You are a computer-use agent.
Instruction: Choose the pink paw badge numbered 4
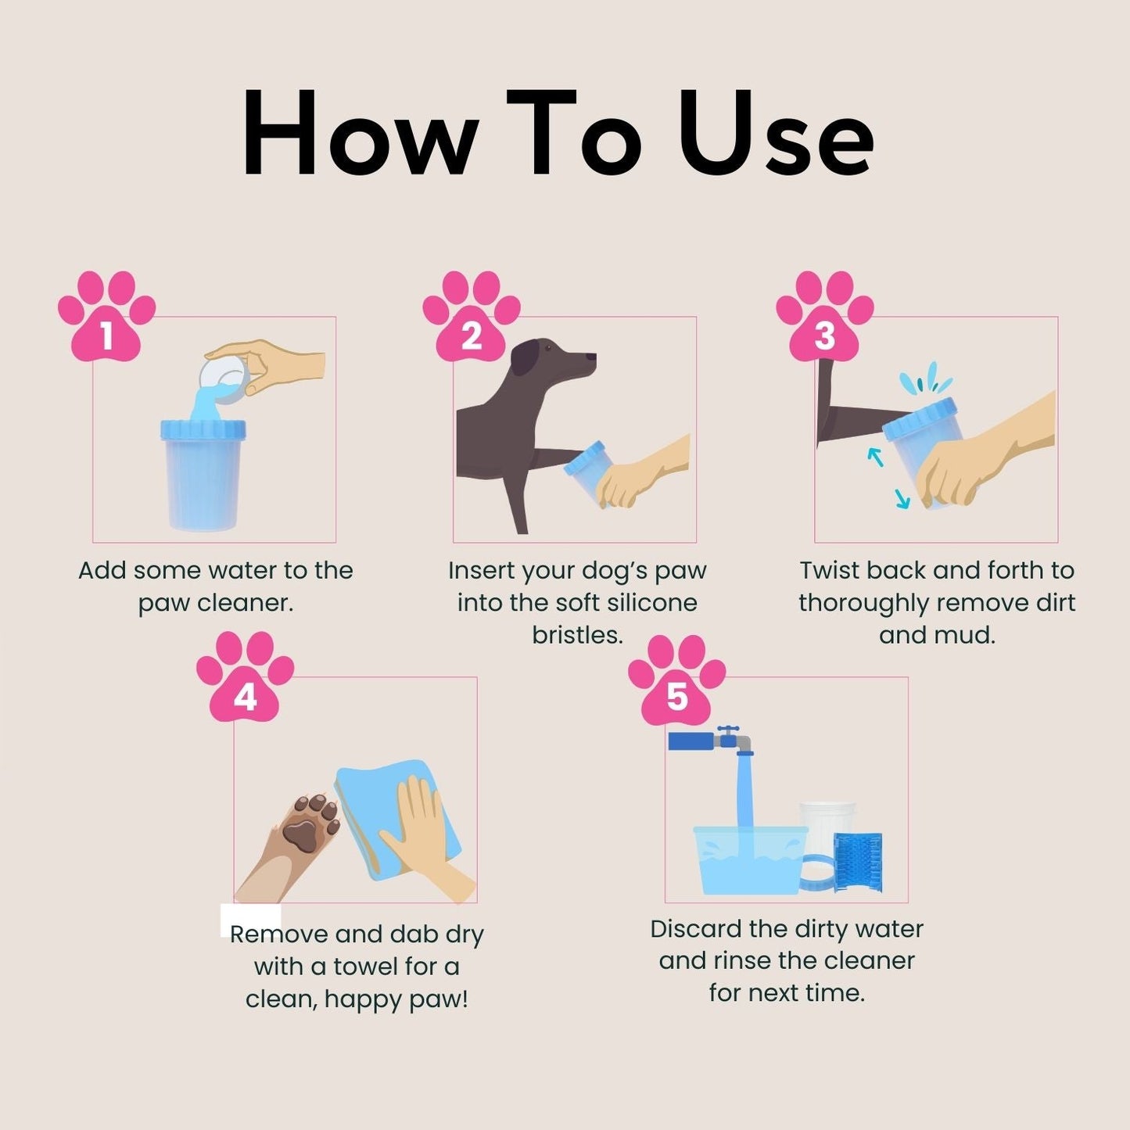point(245,680)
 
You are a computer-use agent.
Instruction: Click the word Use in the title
point(776,135)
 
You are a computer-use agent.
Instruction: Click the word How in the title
point(360,135)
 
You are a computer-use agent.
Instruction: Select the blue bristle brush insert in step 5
point(859,862)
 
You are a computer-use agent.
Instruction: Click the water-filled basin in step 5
point(749,860)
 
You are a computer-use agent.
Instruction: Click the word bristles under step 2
point(577,635)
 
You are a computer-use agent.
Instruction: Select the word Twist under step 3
point(829,571)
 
